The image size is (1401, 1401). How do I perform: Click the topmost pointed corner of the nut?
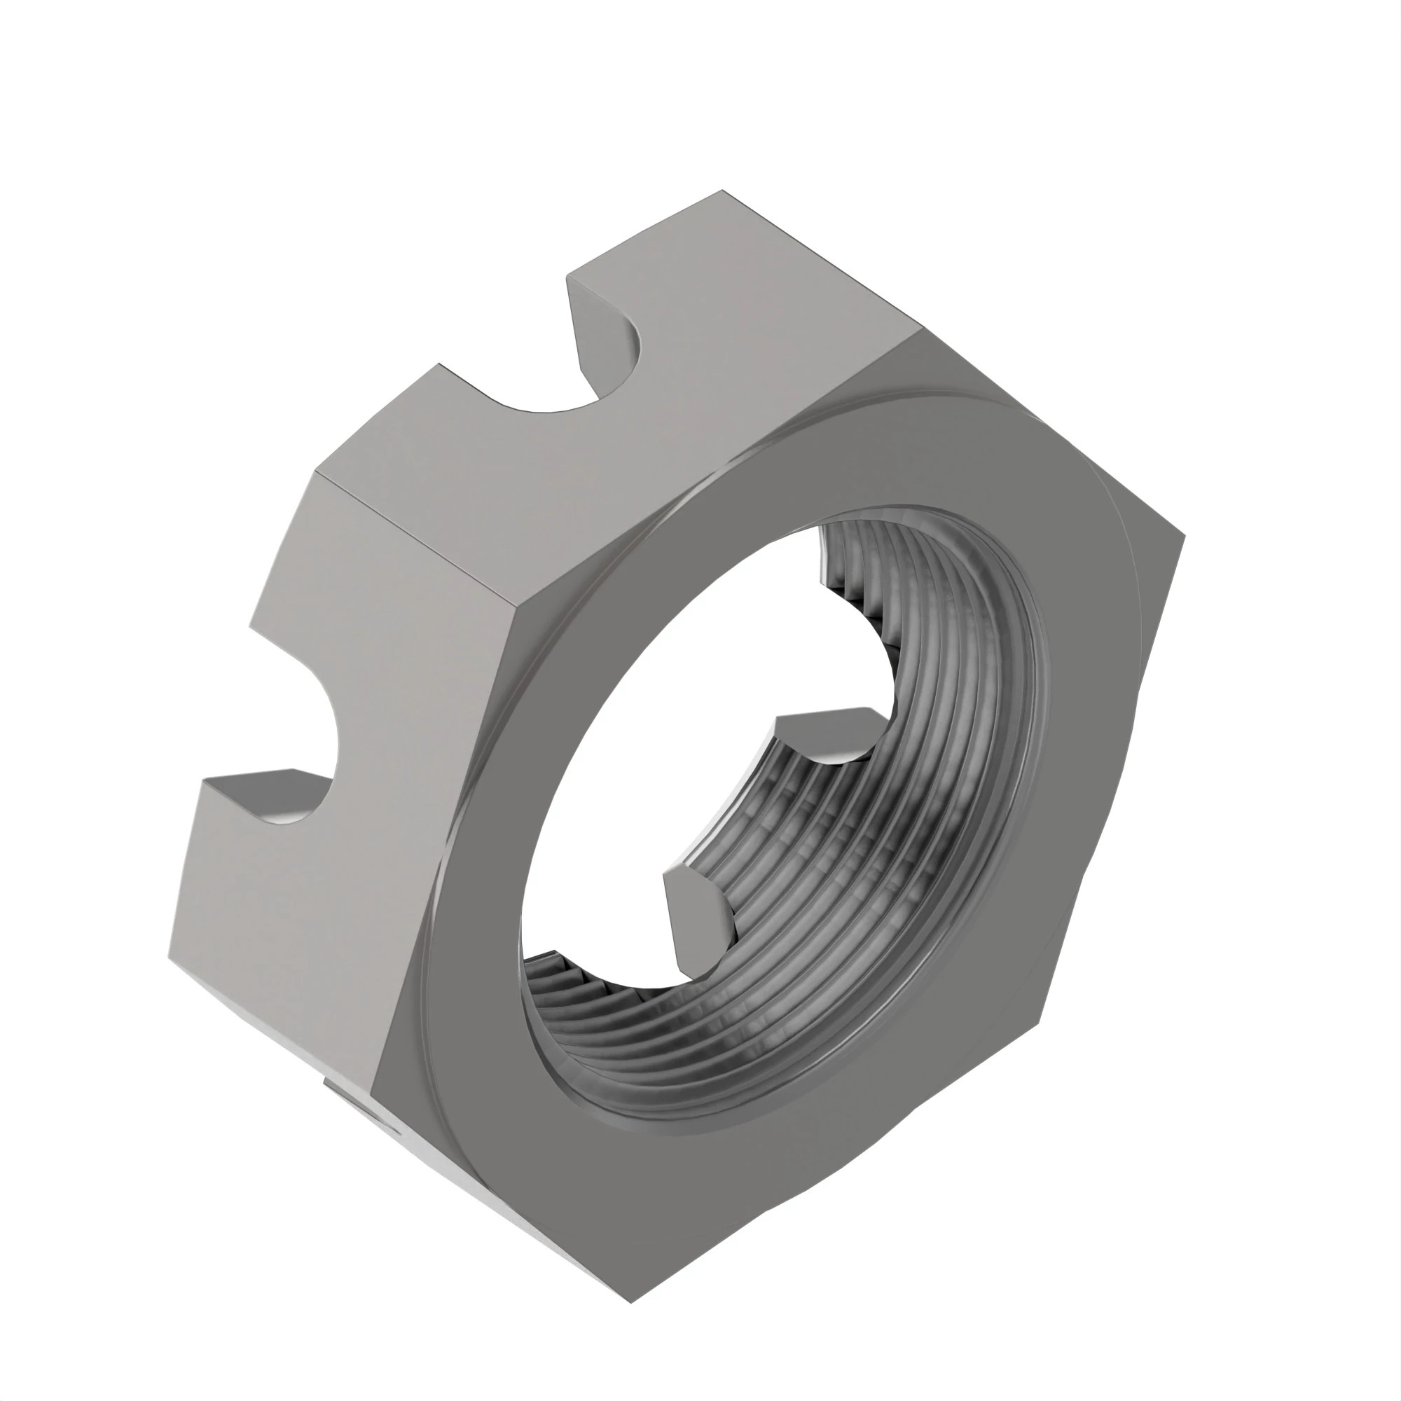pos(722,193)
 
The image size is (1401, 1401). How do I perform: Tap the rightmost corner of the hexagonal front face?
pos(1182,537)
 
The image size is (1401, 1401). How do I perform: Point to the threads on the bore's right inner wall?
pos(972,761)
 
